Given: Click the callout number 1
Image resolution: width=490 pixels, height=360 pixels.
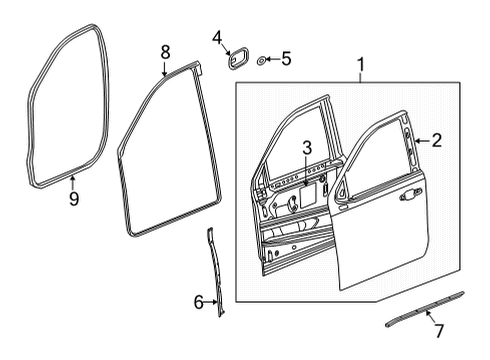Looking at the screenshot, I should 361,68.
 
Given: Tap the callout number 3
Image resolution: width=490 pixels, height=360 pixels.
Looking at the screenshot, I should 308,148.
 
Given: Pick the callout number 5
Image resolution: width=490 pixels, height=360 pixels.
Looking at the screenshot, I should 285,60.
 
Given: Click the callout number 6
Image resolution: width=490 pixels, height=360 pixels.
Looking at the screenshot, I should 198,301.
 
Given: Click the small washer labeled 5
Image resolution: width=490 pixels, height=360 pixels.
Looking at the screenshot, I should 262,60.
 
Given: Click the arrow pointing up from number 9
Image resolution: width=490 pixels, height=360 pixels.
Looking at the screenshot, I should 73,180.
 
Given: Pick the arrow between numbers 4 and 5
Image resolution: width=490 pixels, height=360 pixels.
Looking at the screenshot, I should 272,60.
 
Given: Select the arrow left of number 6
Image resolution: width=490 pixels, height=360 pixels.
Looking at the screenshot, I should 210,301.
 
